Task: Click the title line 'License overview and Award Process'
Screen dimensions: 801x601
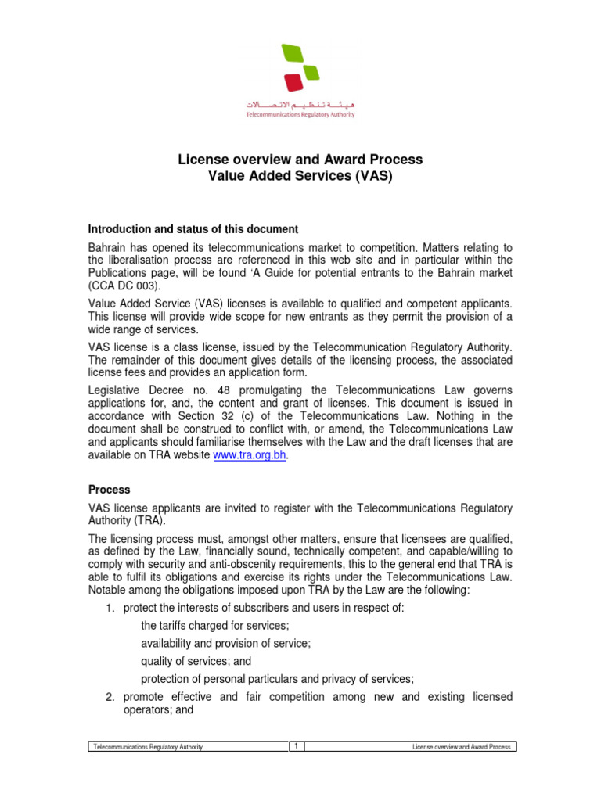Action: coord(300,160)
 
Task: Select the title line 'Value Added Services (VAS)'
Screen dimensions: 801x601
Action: coord(300,177)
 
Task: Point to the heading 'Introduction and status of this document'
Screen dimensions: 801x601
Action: coord(193,229)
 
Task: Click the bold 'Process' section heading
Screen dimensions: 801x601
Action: coord(109,489)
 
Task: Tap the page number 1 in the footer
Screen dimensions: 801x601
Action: coord(297,747)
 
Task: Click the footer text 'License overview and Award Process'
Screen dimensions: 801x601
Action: coord(462,747)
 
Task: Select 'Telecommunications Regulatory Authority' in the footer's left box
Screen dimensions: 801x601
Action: coord(148,747)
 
